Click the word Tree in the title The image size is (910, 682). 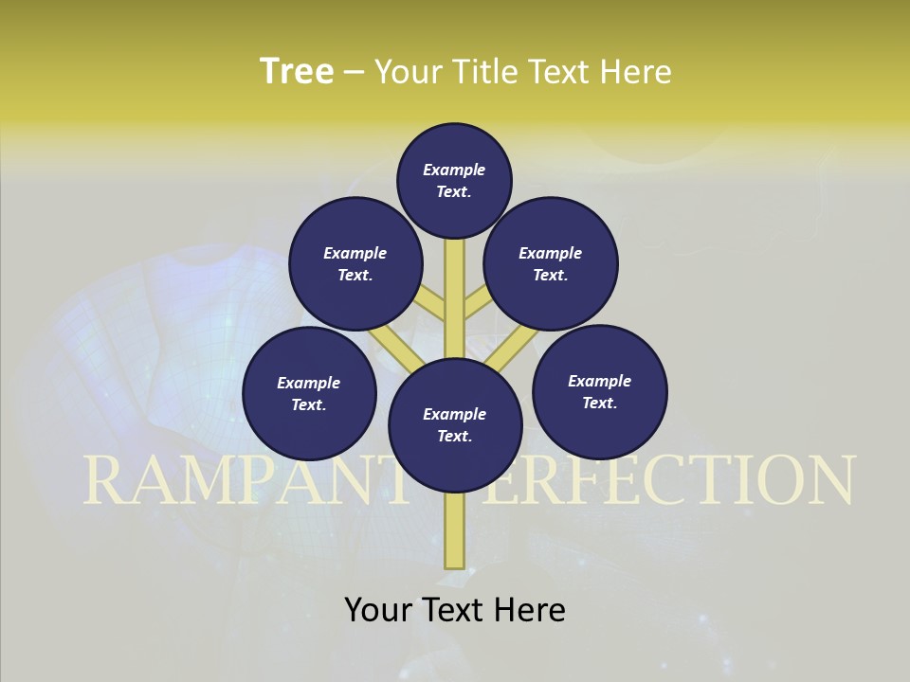[297, 72]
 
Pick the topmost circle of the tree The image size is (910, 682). [454, 180]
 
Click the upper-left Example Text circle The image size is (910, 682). [355, 263]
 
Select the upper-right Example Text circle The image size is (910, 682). [551, 263]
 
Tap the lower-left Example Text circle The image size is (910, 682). [309, 393]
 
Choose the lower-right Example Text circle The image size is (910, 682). [599, 391]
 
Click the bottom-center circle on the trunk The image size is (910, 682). [455, 424]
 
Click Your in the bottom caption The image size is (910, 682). [378, 610]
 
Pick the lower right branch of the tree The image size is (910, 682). [512, 347]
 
